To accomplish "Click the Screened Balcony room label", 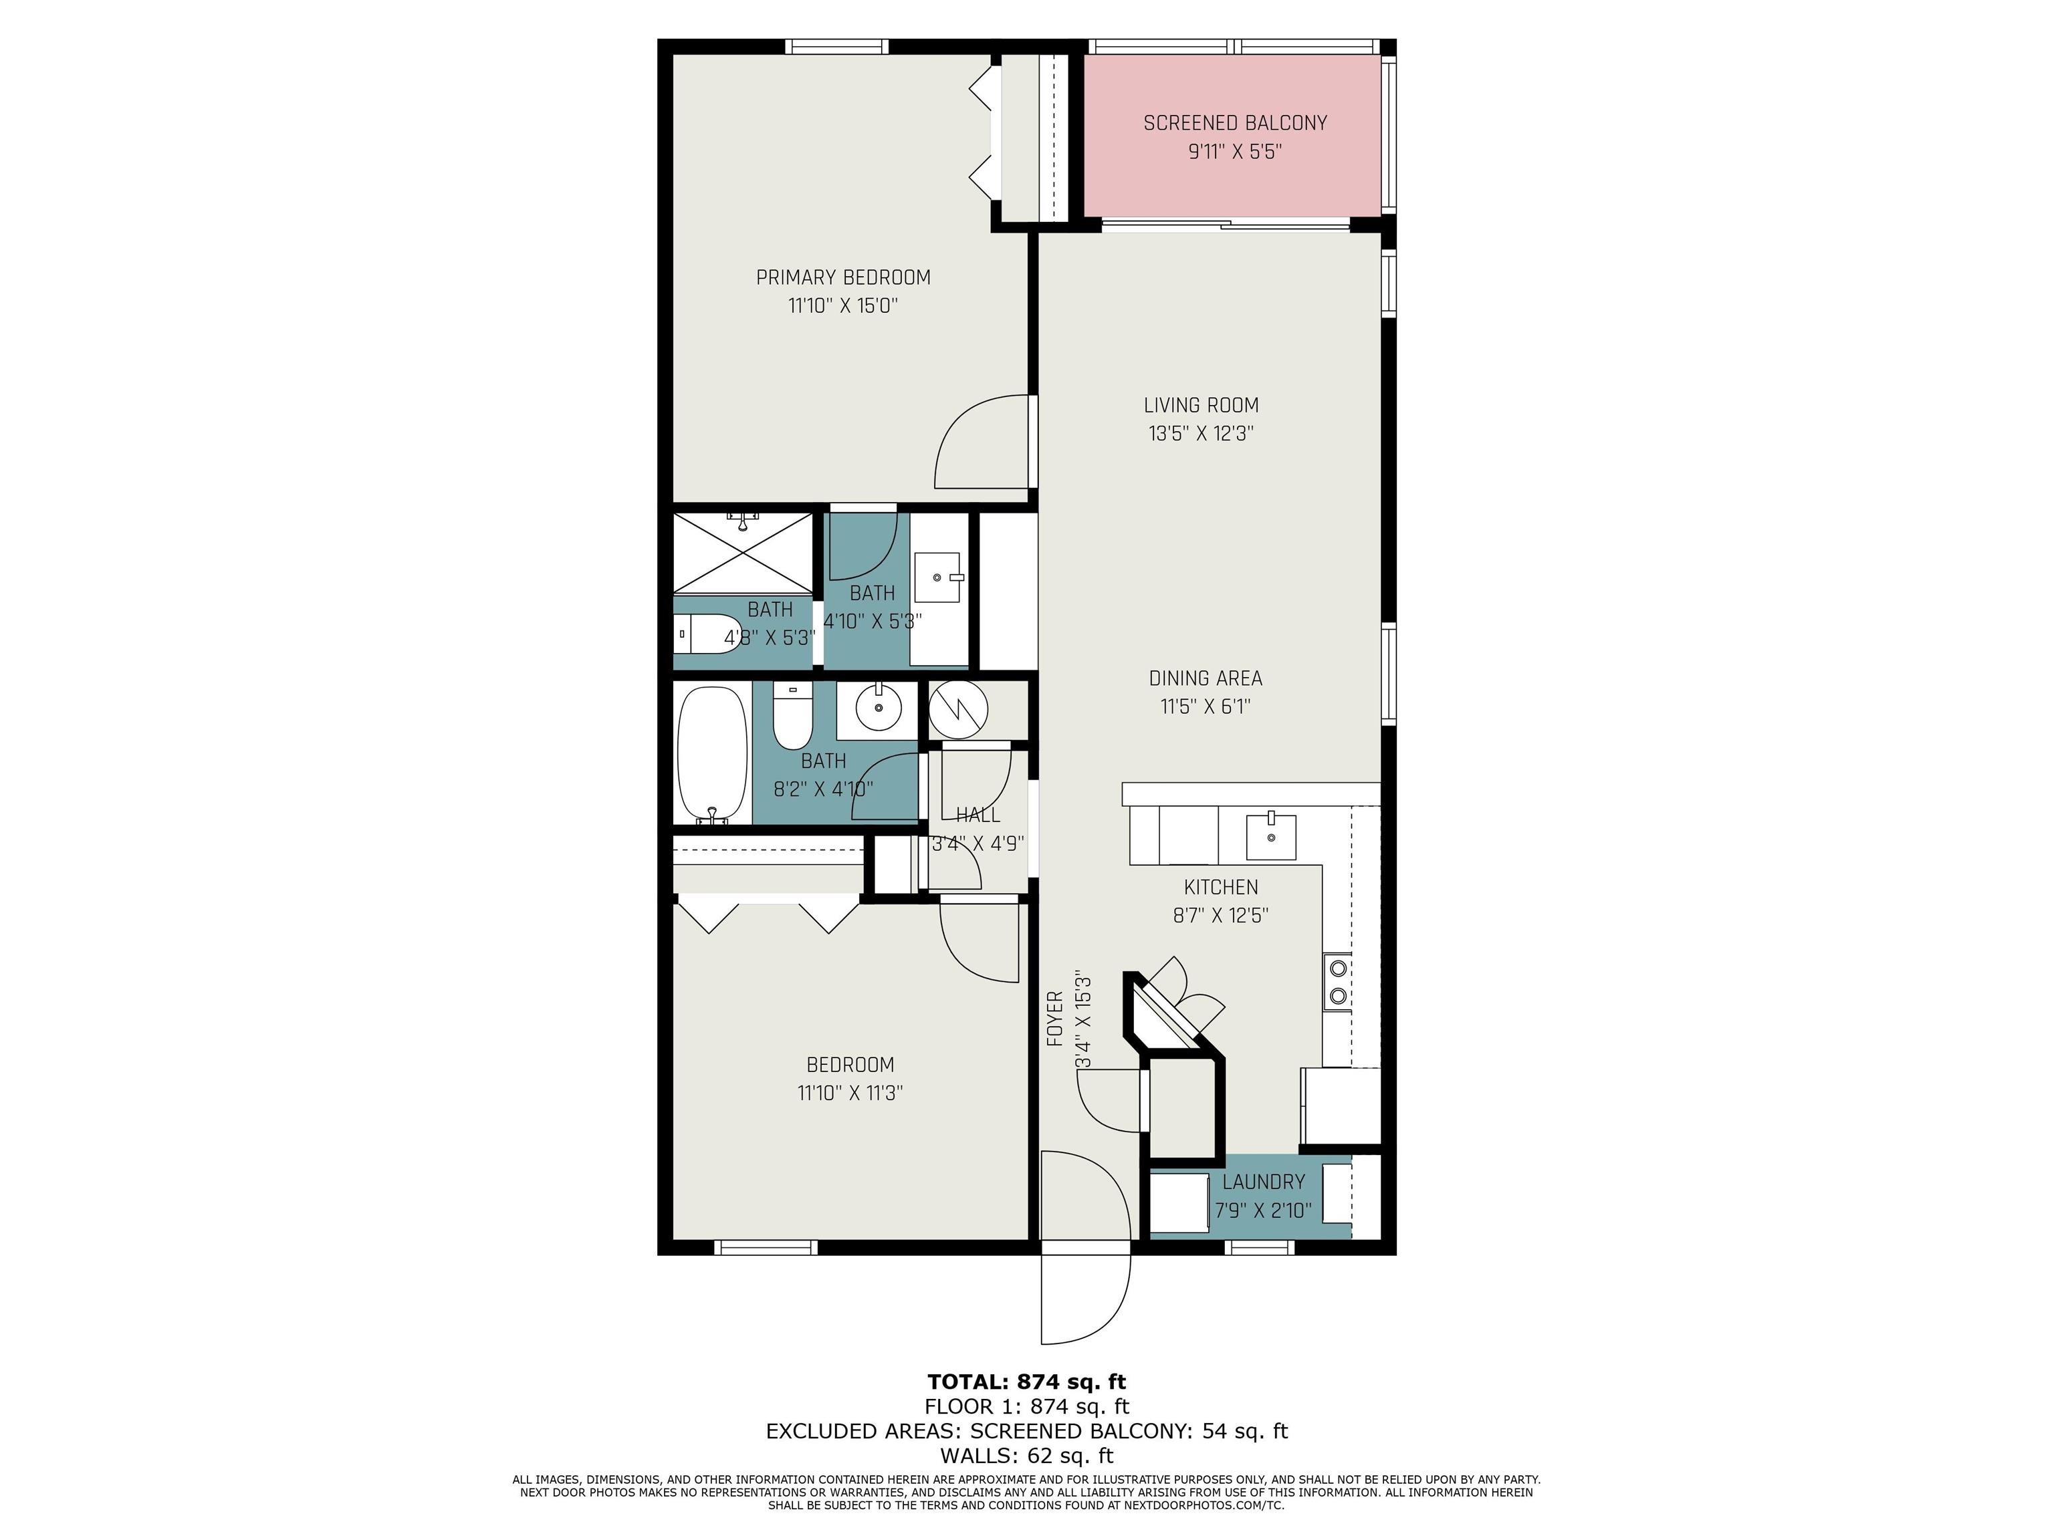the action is coord(1235,122).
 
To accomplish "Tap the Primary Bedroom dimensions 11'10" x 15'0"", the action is coord(843,305).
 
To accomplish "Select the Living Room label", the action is coord(1202,405).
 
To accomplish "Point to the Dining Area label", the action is coord(1206,678).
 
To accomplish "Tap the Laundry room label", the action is coord(1264,1182).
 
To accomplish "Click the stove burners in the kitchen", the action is coord(1338,982).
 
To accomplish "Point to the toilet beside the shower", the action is coord(707,635).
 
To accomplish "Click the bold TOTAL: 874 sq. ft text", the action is coord(1027,1382).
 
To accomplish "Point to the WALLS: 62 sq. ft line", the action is coord(1027,1456).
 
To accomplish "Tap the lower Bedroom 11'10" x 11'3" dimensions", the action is coord(850,1093).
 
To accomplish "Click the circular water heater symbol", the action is coord(958,710).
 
